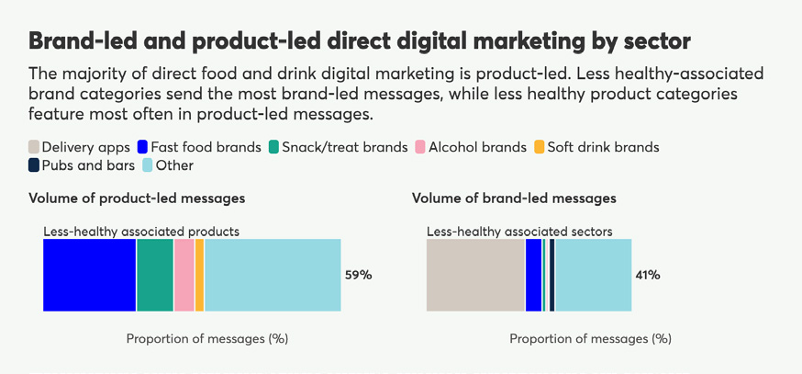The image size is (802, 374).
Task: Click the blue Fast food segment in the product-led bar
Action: point(89,275)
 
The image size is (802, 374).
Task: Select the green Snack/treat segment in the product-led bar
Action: point(154,275)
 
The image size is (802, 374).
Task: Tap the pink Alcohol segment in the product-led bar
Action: point(184,275)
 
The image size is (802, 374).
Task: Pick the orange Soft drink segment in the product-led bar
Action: point(199,275)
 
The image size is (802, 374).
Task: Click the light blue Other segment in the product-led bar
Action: point(273,275)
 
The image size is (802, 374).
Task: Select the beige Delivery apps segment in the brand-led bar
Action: point(475,275)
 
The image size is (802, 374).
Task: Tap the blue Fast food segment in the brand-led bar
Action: point(533,275)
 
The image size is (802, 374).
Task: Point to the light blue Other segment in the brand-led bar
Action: point(593,275)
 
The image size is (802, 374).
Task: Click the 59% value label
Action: point(358,275)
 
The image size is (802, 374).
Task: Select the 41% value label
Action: point(648,275)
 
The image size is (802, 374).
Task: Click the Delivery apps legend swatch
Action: point(34,147)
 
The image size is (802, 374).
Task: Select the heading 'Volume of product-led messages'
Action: point(137,198)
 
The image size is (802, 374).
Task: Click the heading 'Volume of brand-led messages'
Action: point(514,198)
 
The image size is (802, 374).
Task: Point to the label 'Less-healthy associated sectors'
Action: point(519,232)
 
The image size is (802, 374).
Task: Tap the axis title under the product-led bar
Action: point(207,338)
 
